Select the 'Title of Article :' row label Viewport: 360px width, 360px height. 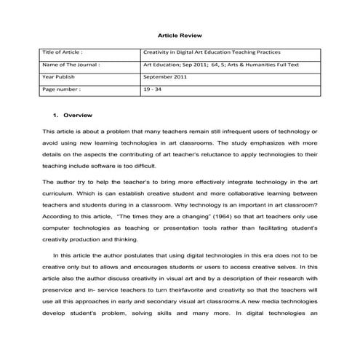tap(63, 53)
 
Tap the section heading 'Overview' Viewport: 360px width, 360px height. tap(78, 116)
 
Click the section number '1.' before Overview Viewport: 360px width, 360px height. tap(56, 116)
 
